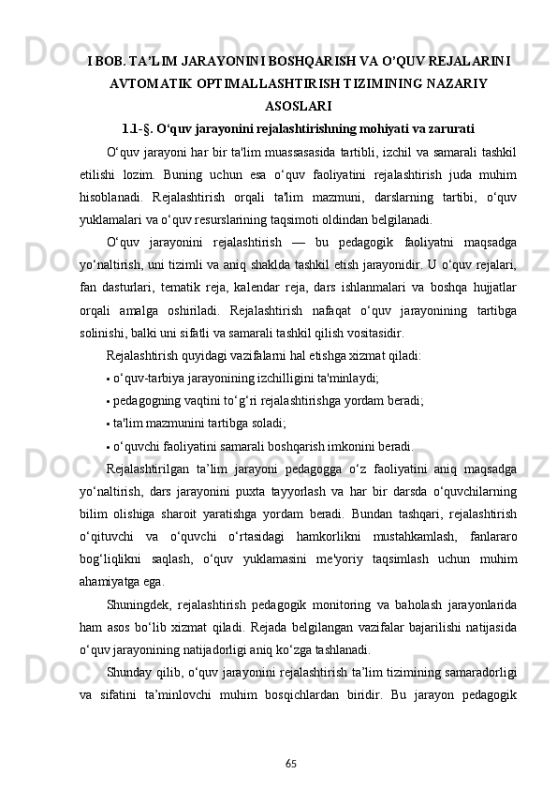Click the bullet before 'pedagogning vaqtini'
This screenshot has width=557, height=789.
click(109, 402)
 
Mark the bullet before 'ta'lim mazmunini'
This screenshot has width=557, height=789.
click(109, 424)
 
